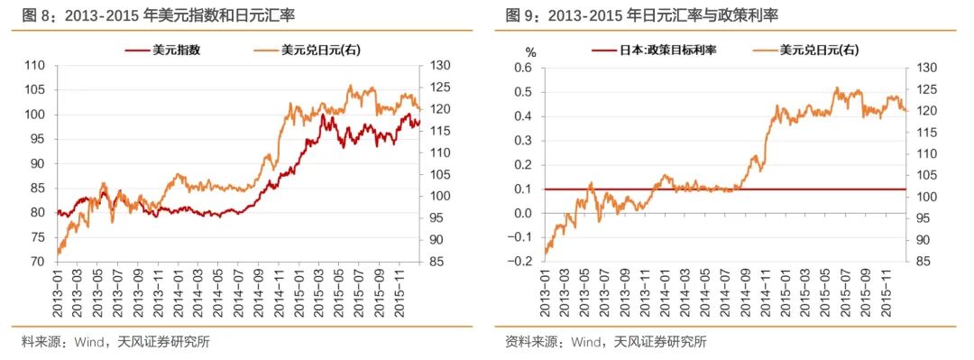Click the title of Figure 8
click(x=162, y=16)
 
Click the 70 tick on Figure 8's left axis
click(x=36, y=262)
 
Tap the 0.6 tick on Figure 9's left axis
click(x=523, y=69)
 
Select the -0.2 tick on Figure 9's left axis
click(x=520, y=262)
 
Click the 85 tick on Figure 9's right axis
click(x=925, y=262)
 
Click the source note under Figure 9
click(x=605, y=342)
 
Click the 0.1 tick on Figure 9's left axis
click(x=523, y=189)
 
